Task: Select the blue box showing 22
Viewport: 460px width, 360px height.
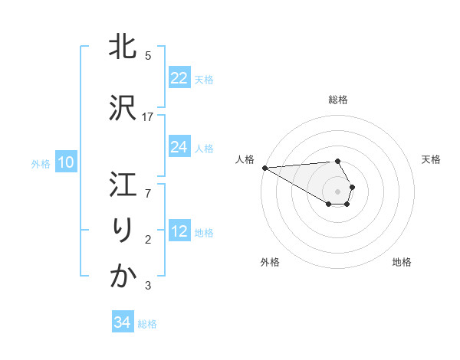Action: pos(179,78)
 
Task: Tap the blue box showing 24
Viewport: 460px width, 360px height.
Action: pos(179,147)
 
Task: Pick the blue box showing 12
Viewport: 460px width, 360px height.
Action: pos(179,231)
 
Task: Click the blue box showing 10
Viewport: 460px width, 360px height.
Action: pos(65,162)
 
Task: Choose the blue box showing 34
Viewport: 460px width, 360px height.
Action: pos(122,322)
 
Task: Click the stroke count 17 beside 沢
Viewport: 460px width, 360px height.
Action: pos(148,116)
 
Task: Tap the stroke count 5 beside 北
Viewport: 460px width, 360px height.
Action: pos(148,55)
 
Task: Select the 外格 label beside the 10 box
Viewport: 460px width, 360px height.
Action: pos(41,163)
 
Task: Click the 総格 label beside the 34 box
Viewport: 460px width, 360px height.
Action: pos(147,323)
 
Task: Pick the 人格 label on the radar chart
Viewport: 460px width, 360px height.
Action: pos(245,159)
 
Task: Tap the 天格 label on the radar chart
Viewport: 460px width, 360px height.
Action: pos(431,159)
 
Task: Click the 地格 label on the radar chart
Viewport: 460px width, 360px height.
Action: pos(402,262)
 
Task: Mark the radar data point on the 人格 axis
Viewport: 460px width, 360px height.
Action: pos(264,167)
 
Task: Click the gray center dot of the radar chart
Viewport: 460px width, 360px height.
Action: pos(337,191)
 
